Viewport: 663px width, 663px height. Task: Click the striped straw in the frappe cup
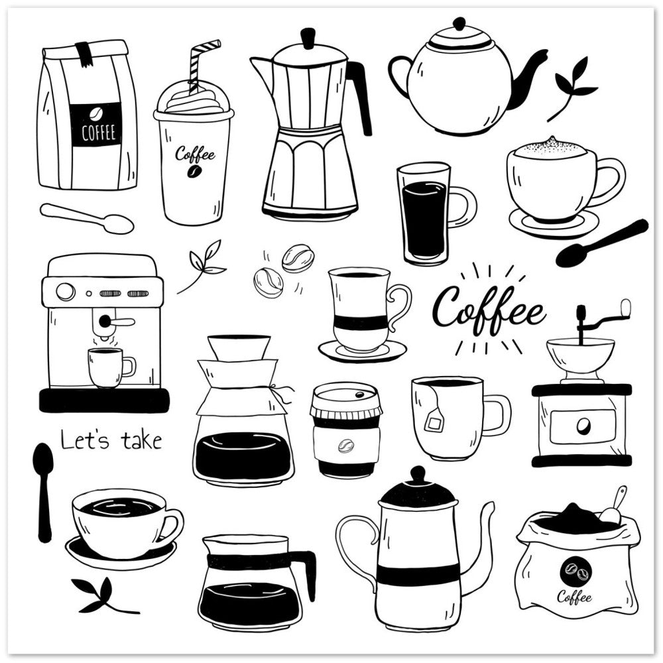202,64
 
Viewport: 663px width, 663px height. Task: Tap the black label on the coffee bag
95,125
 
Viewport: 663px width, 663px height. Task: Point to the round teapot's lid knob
459,24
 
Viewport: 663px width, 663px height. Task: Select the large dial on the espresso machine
65,291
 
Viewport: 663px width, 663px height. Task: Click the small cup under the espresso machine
111,367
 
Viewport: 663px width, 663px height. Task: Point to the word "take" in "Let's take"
141,441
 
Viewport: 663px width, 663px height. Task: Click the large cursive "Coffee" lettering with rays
489,310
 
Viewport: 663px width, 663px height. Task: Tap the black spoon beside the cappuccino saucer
601,243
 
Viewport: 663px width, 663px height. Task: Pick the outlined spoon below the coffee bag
87,218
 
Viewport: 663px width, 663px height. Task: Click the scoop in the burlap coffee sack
612,507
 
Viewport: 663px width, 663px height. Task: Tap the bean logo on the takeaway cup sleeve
346,446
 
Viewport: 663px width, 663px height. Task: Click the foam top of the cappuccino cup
549,148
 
